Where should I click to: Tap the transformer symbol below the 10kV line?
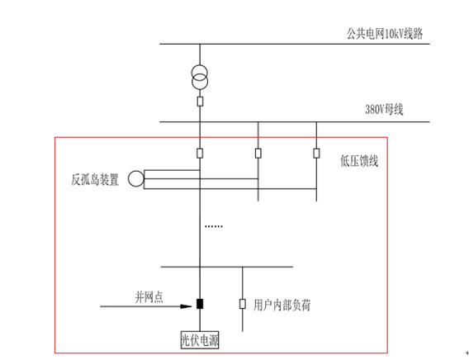pyautogui.click(x=200, y=77)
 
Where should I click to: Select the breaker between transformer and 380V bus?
pyautogui.click(x=200, y=102)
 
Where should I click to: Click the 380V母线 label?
pyautogui.click(x=384, y=109)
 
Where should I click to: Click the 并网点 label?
pyautogui.click(x=149, y=296)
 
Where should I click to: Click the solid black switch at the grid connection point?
pyautogui.click(x=200, y=304)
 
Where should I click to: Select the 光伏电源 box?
pyautogui.click(x=200, y=339)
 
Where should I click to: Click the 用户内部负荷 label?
pyautogui.click(x=283, y=305)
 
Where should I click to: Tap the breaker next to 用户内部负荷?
pyautogui.click(x=242, y=304)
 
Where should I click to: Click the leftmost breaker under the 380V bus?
pyautogui.click(x=200, y=153)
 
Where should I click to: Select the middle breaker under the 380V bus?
pyautogui.click(x=258, y=153)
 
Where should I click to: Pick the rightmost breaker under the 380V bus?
pyautogui.click(x=316, y=153)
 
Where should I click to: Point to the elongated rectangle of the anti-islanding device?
pyautogui.click(x=198, y=179)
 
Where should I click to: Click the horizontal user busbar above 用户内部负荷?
pyautogui.click(x=226, y=267)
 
